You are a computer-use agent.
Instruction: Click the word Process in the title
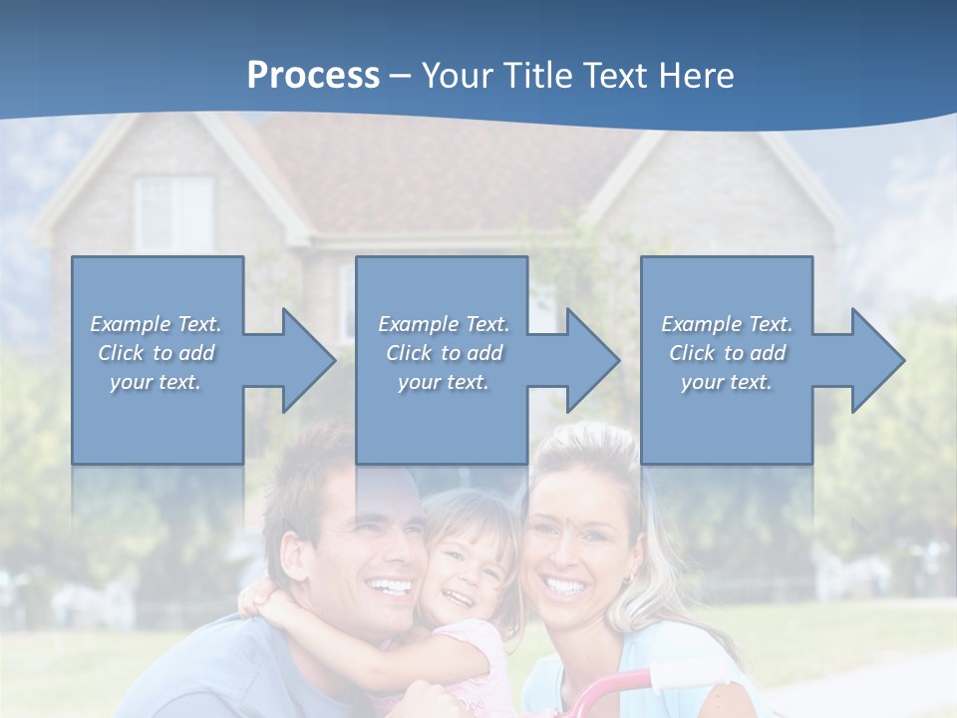[x=313, y=76]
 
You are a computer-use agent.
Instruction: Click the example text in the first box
[x=157, y=353]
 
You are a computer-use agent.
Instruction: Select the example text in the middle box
[x=444, y=353]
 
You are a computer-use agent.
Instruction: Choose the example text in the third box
[x=727, y=353]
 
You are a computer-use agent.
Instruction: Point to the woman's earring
[x=628, y=579]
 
